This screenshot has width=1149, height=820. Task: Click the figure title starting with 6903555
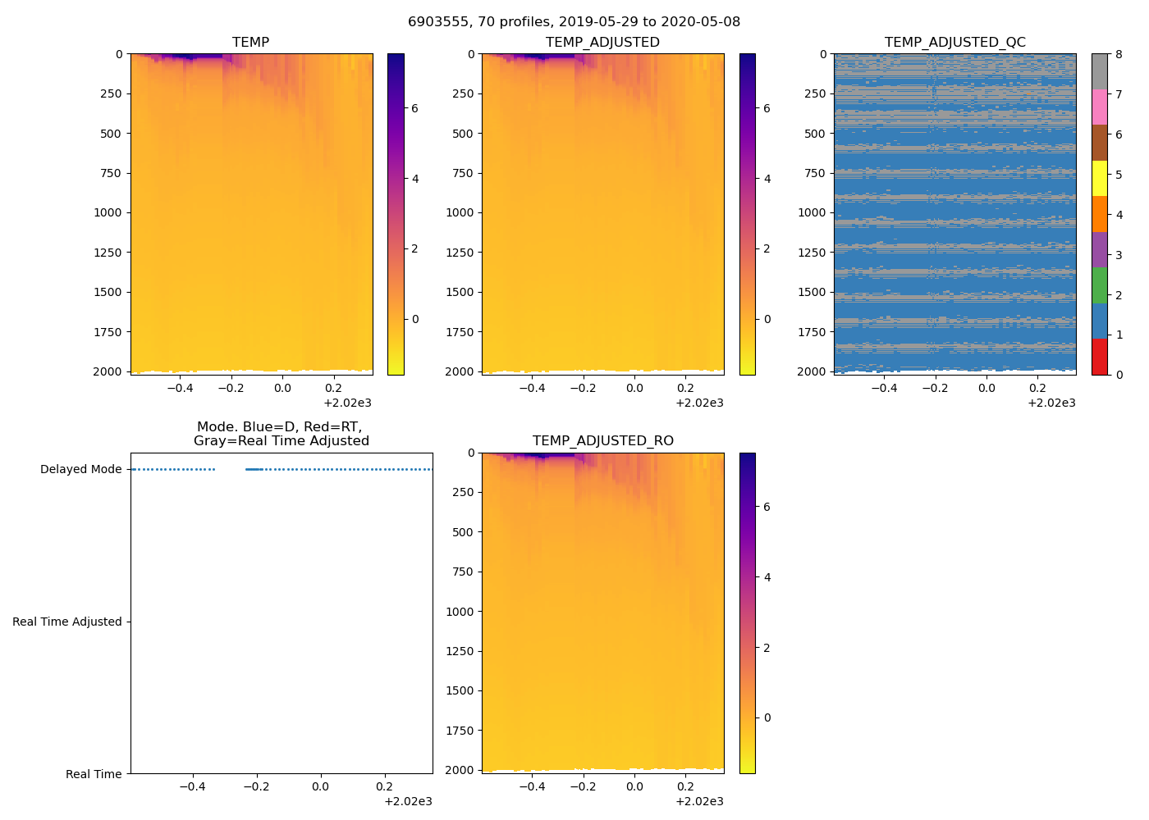coord(574,21)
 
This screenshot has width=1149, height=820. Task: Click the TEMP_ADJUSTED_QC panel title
coord(954,42)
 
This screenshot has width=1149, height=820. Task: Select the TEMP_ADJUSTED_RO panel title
coord(602,440)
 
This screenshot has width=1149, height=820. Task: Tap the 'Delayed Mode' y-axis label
coord(80,469)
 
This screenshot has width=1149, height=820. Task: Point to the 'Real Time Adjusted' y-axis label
coord(66,622)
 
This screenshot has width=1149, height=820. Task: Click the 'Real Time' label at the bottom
coord(94,774)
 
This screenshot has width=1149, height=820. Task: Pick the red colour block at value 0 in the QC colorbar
coord(1099,357)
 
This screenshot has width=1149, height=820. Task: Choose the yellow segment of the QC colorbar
coord(1099,178)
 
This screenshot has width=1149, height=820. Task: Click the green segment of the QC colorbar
coord(1099,285)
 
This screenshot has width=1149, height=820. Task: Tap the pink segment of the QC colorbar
coord(1099,107)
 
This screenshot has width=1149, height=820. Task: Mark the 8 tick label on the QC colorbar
coord(1119,54)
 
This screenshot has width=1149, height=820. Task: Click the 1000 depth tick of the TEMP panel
coord(108,212)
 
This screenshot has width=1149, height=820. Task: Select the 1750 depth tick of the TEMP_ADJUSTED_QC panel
coord(812,332)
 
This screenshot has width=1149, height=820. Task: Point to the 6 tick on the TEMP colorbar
coord(414,108)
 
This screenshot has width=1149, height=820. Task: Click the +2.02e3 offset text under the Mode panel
coord(408,801)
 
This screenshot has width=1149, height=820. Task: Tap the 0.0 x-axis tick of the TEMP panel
coord(282,388)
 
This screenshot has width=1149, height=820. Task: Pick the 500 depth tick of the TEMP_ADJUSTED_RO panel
coord(463,532)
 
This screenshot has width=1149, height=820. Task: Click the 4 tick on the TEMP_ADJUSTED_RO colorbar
coord(767,577)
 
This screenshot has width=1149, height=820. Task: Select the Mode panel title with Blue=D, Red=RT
coord(281,434)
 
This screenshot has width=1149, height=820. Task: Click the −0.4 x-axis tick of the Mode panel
coord(192,786)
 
